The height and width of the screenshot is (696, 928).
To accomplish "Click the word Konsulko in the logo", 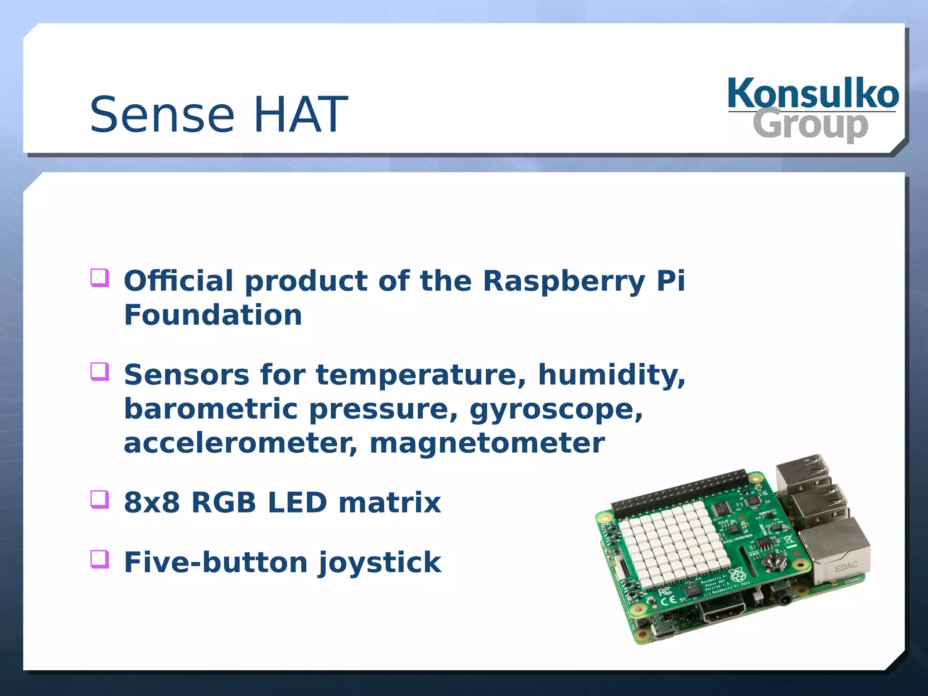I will point(813,93).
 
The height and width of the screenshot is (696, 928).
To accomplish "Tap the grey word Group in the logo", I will point(810,125).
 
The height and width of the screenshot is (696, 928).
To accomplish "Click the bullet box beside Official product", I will point(100,278).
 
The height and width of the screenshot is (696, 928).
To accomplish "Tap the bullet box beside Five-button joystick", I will point(100,559).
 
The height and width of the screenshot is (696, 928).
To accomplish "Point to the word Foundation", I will point(213,315).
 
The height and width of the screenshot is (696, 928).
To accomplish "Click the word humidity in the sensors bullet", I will point(611,375).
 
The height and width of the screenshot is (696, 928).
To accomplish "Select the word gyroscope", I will point(556,409).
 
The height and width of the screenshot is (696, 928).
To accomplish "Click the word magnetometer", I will point(487,443).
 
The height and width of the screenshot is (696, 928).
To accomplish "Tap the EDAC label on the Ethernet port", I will point(846,566).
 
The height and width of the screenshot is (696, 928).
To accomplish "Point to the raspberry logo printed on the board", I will point(738,575).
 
